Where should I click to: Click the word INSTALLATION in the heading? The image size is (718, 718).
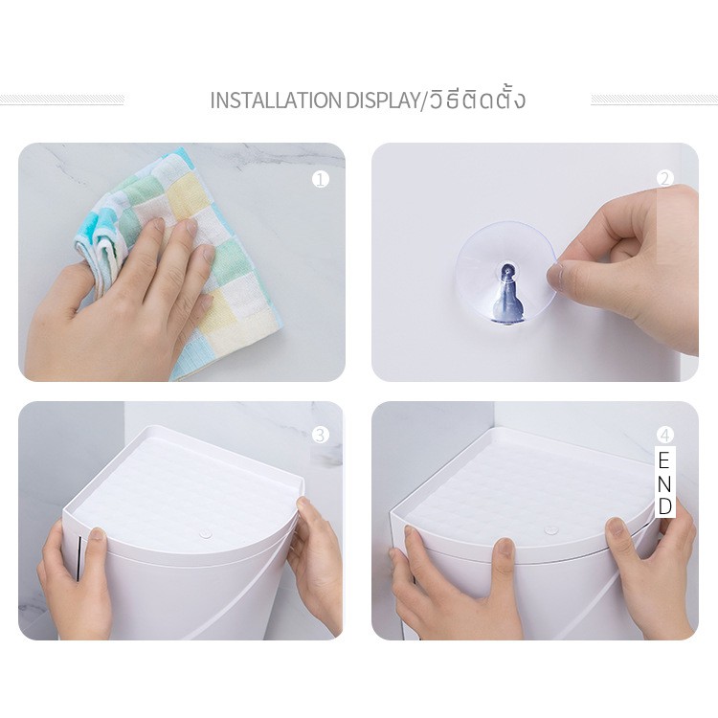pyautogui.click(x=276, y=101)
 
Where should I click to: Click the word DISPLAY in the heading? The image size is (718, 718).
pyautogui.click(x=382, y=101)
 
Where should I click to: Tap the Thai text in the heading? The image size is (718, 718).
pyautogui.click(x=475, y=99)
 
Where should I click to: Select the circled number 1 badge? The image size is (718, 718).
pyautogui.click(x=321, y=179)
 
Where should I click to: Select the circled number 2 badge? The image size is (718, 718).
pyautogui.click(x=665, y=179)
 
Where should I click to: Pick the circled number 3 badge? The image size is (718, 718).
pyautogui.click(x=321, y=435)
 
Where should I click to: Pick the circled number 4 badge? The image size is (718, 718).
pyautogui.click(x=665, y=435)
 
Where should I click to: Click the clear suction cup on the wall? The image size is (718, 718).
pyautogui.click(x=507, y=274)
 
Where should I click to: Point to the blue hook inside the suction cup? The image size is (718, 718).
pyautogui.click(x=506, y=293)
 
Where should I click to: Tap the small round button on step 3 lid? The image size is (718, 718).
pyautogui.click(x=205, y=534)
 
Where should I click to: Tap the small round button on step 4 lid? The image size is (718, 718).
pyautogui.click(x=550, y=530)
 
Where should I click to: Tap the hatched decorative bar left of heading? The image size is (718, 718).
pyautogui.click(x=62, y=100)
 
